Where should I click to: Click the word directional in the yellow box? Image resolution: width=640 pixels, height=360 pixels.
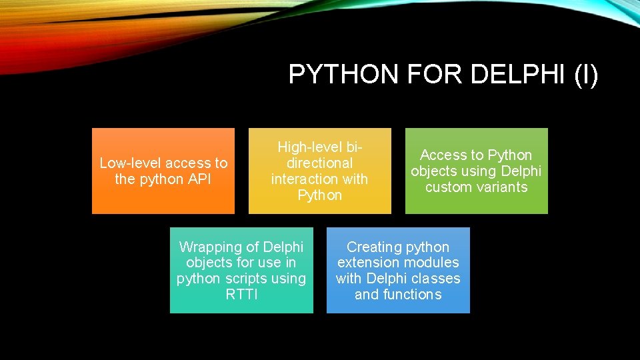pyautogui.click(x=319, y=163)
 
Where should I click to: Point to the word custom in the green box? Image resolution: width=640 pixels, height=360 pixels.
pyautogui.click(x=448, y=187)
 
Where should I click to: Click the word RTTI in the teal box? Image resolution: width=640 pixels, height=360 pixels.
pyautogui.click(x=241, y=294)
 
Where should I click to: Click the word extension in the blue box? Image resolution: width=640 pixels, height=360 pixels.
pyautogui.click(x=366, y=262)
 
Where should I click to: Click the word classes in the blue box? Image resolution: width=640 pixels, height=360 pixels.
pyautogui.click(x=436, y=278)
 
